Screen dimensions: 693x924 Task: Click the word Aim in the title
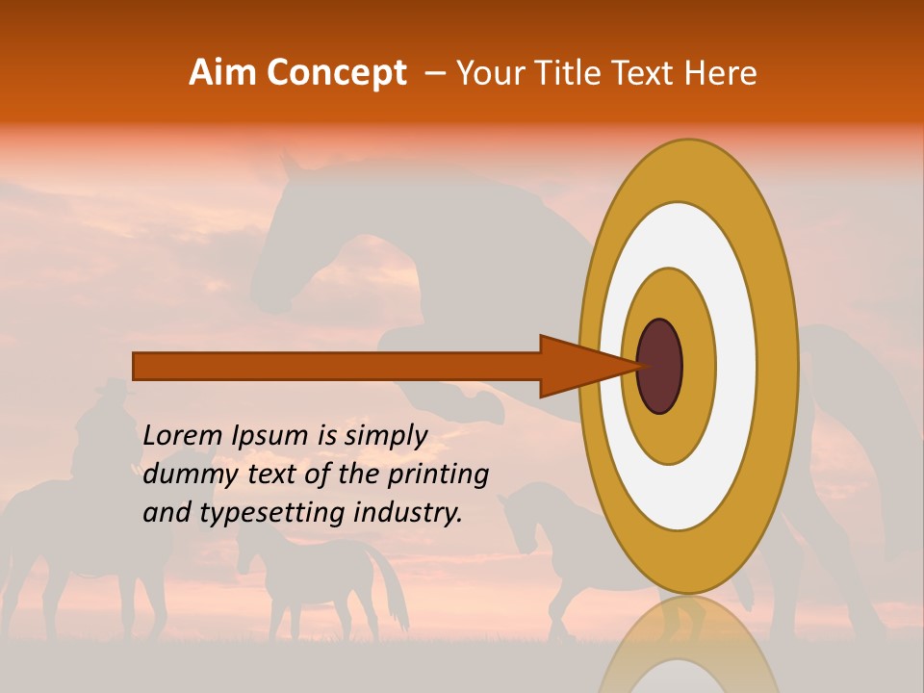pos(220,73)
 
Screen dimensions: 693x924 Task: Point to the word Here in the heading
pos(721,73)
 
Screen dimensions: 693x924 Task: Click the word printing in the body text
pos(438,475)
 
